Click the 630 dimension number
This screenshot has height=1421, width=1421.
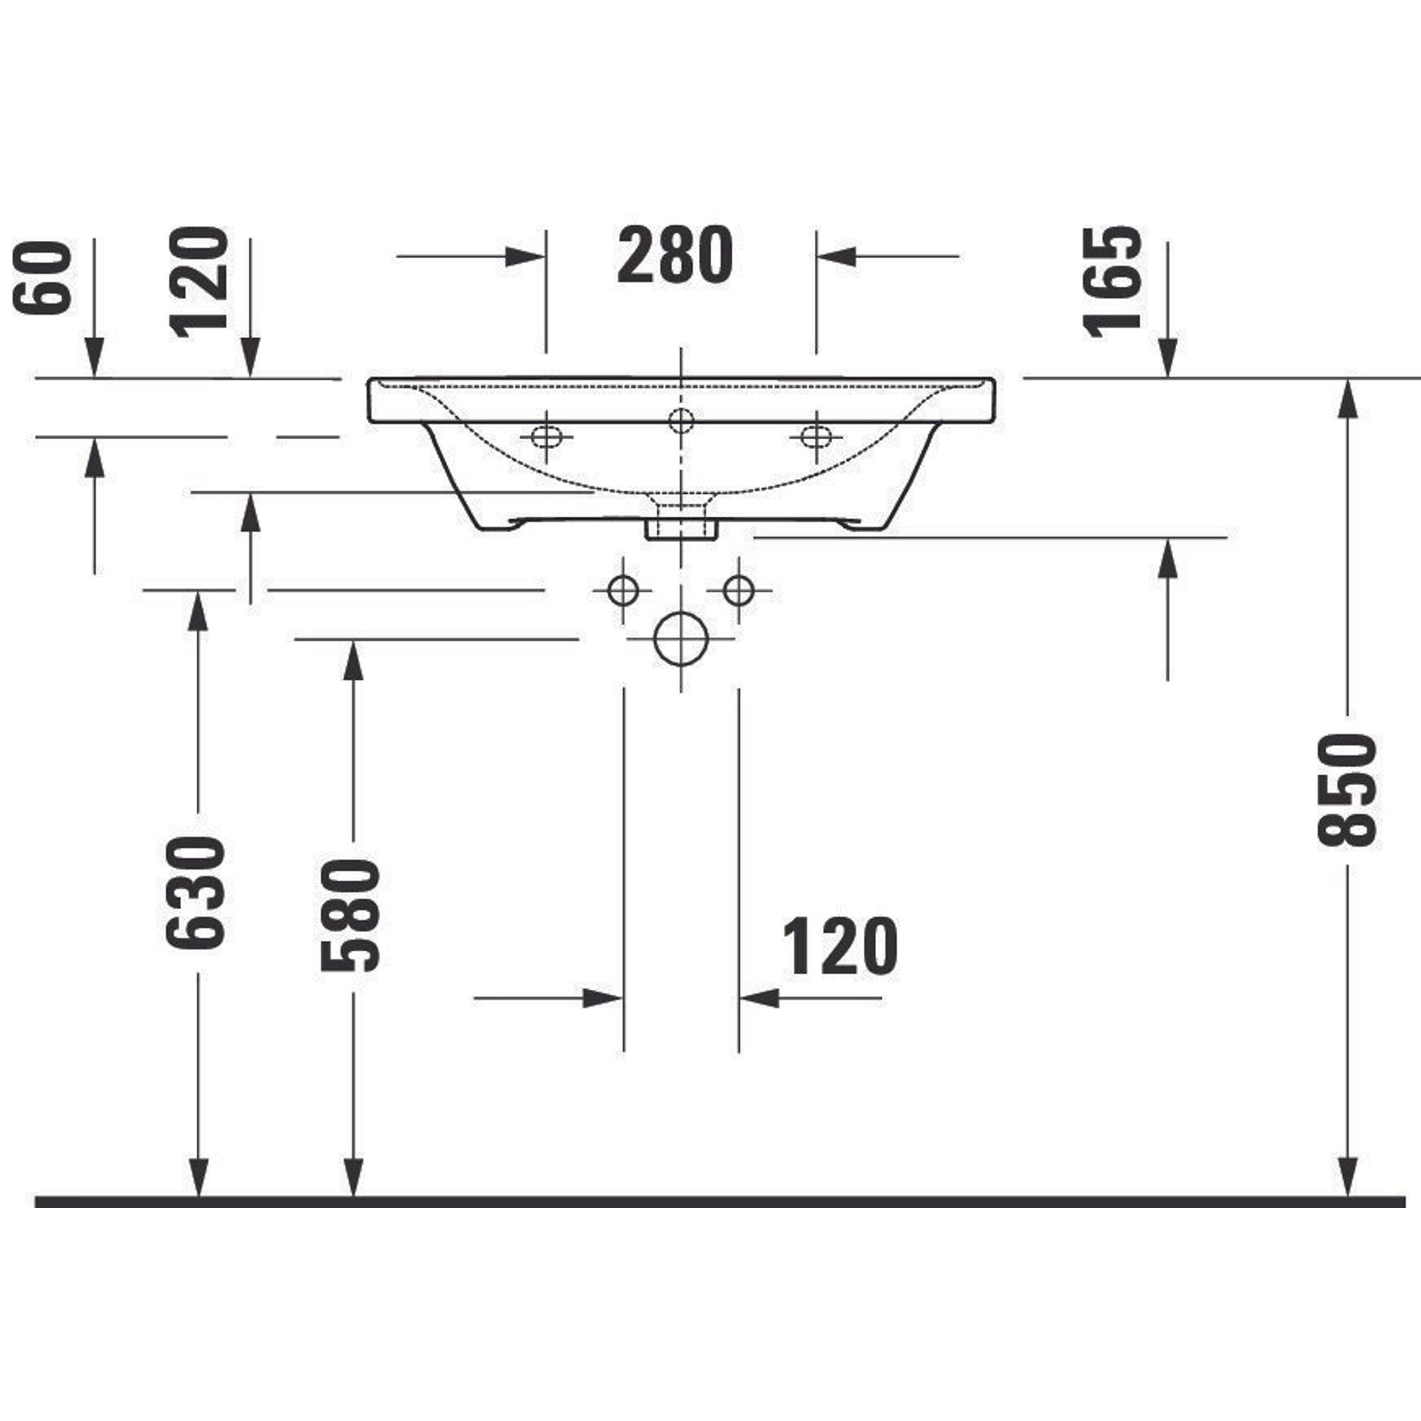click(194, 893)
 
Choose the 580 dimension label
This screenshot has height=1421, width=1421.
click(351, 916)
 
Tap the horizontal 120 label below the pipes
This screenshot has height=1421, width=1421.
click(840, 946)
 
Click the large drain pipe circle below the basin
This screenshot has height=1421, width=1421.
click(681, 639)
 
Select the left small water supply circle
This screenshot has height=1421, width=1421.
click(623, 589)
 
